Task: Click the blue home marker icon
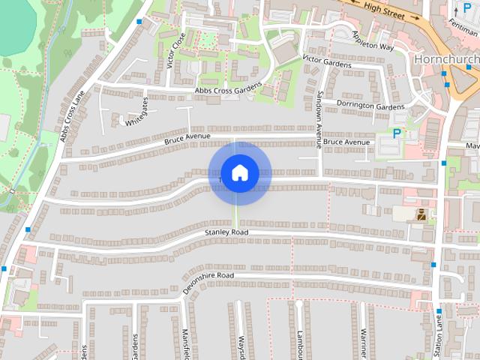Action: pyautogui.click(x=239, y=173)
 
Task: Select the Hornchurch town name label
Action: pyautogui.click(x=446, y=58)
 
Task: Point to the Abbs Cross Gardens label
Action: pyautogui.click(x=228, y=90)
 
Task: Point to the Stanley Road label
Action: pyautogui.click(x=226, y=233)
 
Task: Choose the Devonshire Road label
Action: pyautogui.click(x=208, y=282)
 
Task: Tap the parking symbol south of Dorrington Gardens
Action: pyautogui.click(x=397, y=133)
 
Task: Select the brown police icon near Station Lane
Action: pyautogui.click(x=422, y=214)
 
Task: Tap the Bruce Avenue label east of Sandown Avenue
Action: pyautogui.click(x=347, y=142)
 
